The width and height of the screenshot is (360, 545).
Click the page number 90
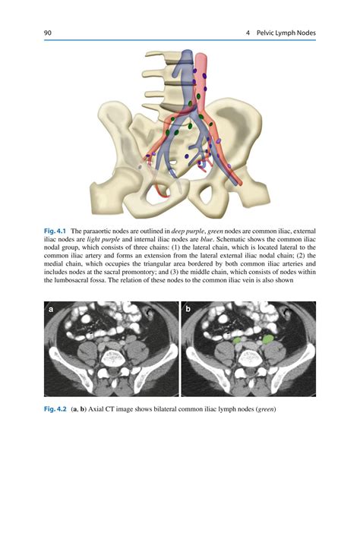tap(48, 33)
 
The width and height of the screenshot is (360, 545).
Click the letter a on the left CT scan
tap(51, 310)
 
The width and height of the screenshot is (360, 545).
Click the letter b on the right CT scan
tap(187, 310)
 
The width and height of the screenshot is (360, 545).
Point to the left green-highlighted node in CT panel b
tap(238, 342)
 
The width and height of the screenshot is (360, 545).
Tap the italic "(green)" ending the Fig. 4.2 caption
tap(263, 410)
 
